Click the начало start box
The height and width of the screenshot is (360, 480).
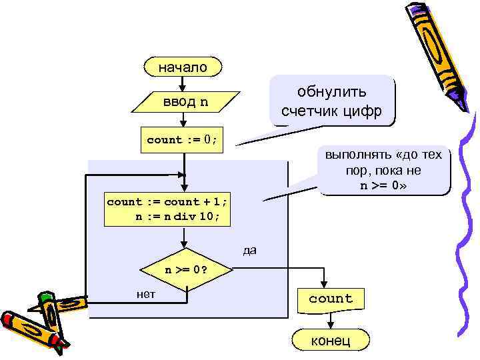(x=182, y=67)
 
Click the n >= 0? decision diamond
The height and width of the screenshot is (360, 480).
(x=185, y=270)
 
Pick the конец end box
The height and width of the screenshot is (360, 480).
(x=330, y=341)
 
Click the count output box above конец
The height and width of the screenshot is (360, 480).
(x=330, y=299)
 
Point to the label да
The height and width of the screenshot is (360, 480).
(x=249, y=251)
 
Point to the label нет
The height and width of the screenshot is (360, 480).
(x=145, y=294)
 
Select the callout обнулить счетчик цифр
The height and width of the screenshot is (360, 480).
(x=331, y=101)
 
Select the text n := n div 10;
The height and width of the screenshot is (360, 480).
(x=173, y=216)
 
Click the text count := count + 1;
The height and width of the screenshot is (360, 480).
(x=167, y=201)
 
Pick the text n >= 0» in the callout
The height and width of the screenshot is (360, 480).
(x=383, y=185)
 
